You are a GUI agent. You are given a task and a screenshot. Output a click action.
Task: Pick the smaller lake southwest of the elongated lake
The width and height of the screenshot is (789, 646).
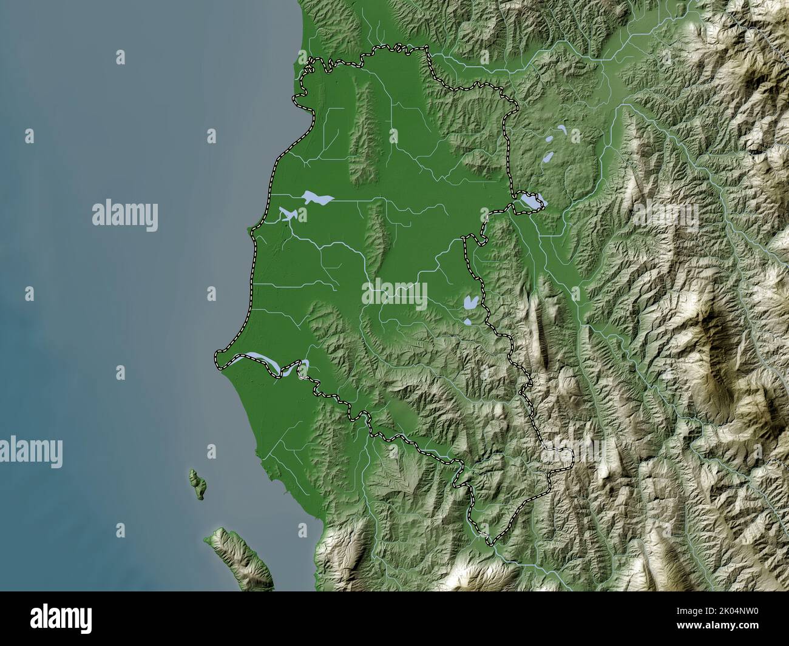[286, 214]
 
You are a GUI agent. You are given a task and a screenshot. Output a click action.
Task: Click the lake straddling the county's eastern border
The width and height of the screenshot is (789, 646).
[529, 201]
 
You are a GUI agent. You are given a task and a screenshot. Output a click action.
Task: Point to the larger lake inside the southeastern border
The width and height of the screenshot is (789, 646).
[470, 301]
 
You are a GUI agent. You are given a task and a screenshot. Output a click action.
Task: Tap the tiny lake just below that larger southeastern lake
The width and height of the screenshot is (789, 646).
[468, 322]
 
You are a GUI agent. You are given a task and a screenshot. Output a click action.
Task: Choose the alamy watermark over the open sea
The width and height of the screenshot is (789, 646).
[125, 215]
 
